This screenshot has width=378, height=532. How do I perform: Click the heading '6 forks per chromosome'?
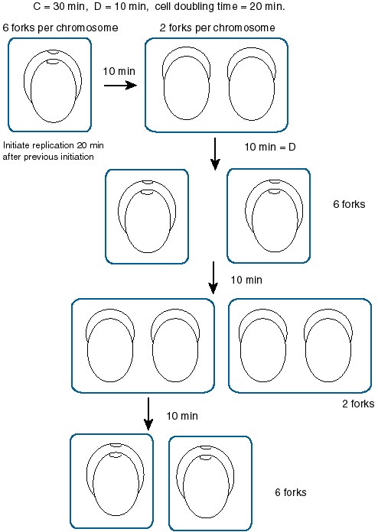[60, 28]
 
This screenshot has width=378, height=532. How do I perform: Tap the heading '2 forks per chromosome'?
[217, 28]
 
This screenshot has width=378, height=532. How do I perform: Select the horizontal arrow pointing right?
[120, 85]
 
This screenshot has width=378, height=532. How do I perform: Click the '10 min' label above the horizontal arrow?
[119, 71]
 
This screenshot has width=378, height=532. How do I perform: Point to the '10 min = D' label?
[270, 147]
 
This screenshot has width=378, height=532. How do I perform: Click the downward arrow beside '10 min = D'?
[215, 154]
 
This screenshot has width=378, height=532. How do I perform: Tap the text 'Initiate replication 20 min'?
[54, 145]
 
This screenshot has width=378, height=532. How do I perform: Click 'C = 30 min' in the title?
[59, 6]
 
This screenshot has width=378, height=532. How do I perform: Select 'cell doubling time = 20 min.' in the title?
[220, 6]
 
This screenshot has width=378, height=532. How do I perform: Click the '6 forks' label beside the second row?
[349, 204]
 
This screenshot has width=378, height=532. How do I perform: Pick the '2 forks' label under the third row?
[358, 404]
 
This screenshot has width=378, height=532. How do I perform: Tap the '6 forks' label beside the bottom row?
[291, 492]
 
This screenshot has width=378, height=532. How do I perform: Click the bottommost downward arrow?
[148, 414]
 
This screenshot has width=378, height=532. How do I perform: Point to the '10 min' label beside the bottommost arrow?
[182, 416]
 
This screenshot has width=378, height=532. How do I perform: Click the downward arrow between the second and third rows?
[213, 277]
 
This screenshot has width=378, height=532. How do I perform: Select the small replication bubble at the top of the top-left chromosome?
[54, 52]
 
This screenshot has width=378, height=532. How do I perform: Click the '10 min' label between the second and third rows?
[246, 280]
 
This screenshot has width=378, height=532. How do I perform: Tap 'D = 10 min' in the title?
[121, 6]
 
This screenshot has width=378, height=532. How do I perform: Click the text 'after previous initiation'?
[48, 157]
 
